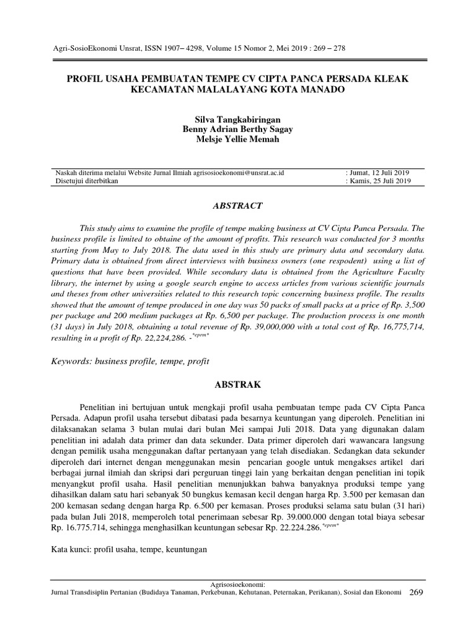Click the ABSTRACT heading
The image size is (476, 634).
[237, 206]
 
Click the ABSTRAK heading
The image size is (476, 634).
[237, 384]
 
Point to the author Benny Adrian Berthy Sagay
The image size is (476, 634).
[237, 129]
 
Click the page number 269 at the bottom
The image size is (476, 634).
[416, 593]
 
